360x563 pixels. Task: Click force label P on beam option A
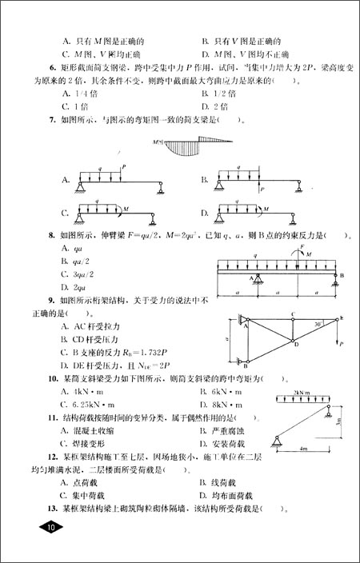[125, 167]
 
